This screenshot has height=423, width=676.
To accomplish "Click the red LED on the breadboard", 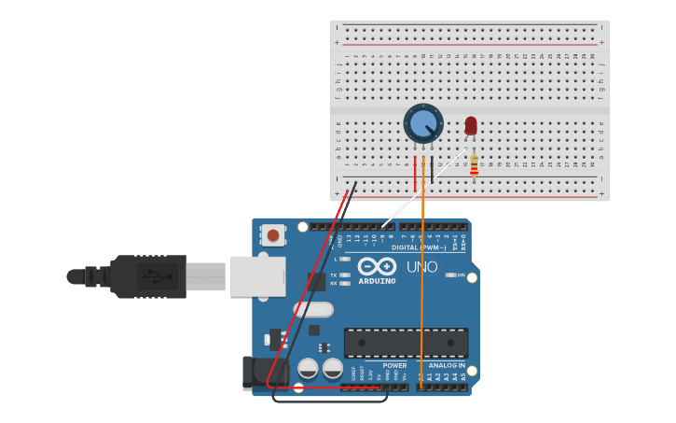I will (x=471, y=125).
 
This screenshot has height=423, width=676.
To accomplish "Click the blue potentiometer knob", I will (x=423, y=123).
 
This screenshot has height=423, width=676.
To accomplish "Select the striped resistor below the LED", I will (x=475, y=166).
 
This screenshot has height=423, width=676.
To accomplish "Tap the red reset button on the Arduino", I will (x=272, y=235).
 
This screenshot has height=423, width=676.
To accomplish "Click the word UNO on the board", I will (x=422, y=267).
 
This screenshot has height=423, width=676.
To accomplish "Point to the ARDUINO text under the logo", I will (x=377, y=281).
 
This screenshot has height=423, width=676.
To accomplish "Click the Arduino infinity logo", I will (x=377, y=266).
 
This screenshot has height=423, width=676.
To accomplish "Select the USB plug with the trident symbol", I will (x=149, y=276).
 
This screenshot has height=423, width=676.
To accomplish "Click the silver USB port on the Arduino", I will (x=256, y=276).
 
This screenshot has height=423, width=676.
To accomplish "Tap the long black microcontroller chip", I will (x=406, y=343).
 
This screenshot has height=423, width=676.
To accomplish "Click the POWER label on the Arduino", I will (x=394, y=365).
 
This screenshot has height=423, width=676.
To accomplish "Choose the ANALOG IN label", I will (x=447, y=365).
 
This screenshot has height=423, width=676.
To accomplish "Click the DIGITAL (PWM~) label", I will (x=418, y=247).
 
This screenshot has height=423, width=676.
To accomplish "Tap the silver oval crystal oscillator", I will (x=313, y=309).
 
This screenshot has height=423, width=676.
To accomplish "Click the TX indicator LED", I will (x=345, y=275).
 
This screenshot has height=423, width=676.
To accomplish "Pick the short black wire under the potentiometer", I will (x=432, y=168).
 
